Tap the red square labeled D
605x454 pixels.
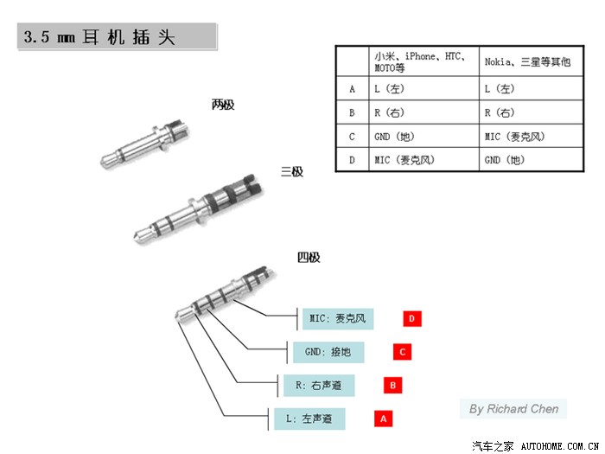[411, 319]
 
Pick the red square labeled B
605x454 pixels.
[392, 385]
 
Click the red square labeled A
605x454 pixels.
[383, 419]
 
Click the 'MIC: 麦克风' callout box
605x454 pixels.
[338, 319]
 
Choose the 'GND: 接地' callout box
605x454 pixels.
[327, 352]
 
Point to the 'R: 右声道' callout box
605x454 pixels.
[315, 385]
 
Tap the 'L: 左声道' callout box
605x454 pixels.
[309, 419]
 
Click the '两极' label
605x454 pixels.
[223, 105]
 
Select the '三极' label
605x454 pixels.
[292, 172]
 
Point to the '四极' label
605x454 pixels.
[309, 257]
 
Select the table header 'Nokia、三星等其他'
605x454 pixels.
[527, 61]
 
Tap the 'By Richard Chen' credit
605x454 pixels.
[513, 408]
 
